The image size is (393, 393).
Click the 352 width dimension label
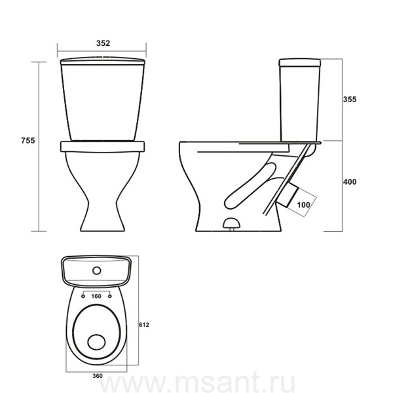click(103, 43)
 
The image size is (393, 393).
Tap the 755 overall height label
click(28, 141)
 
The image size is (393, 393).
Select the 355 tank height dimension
click(349, 100)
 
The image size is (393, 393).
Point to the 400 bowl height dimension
click(349, 181)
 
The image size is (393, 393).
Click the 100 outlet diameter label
click(303, 205)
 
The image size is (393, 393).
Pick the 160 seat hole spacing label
click(96, 296)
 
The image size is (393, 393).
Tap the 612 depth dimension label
click(144, 325)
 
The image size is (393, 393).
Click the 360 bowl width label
click(97, 376)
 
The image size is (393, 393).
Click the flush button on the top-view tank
click(97, 271)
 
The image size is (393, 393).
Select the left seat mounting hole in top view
click(83, 297)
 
